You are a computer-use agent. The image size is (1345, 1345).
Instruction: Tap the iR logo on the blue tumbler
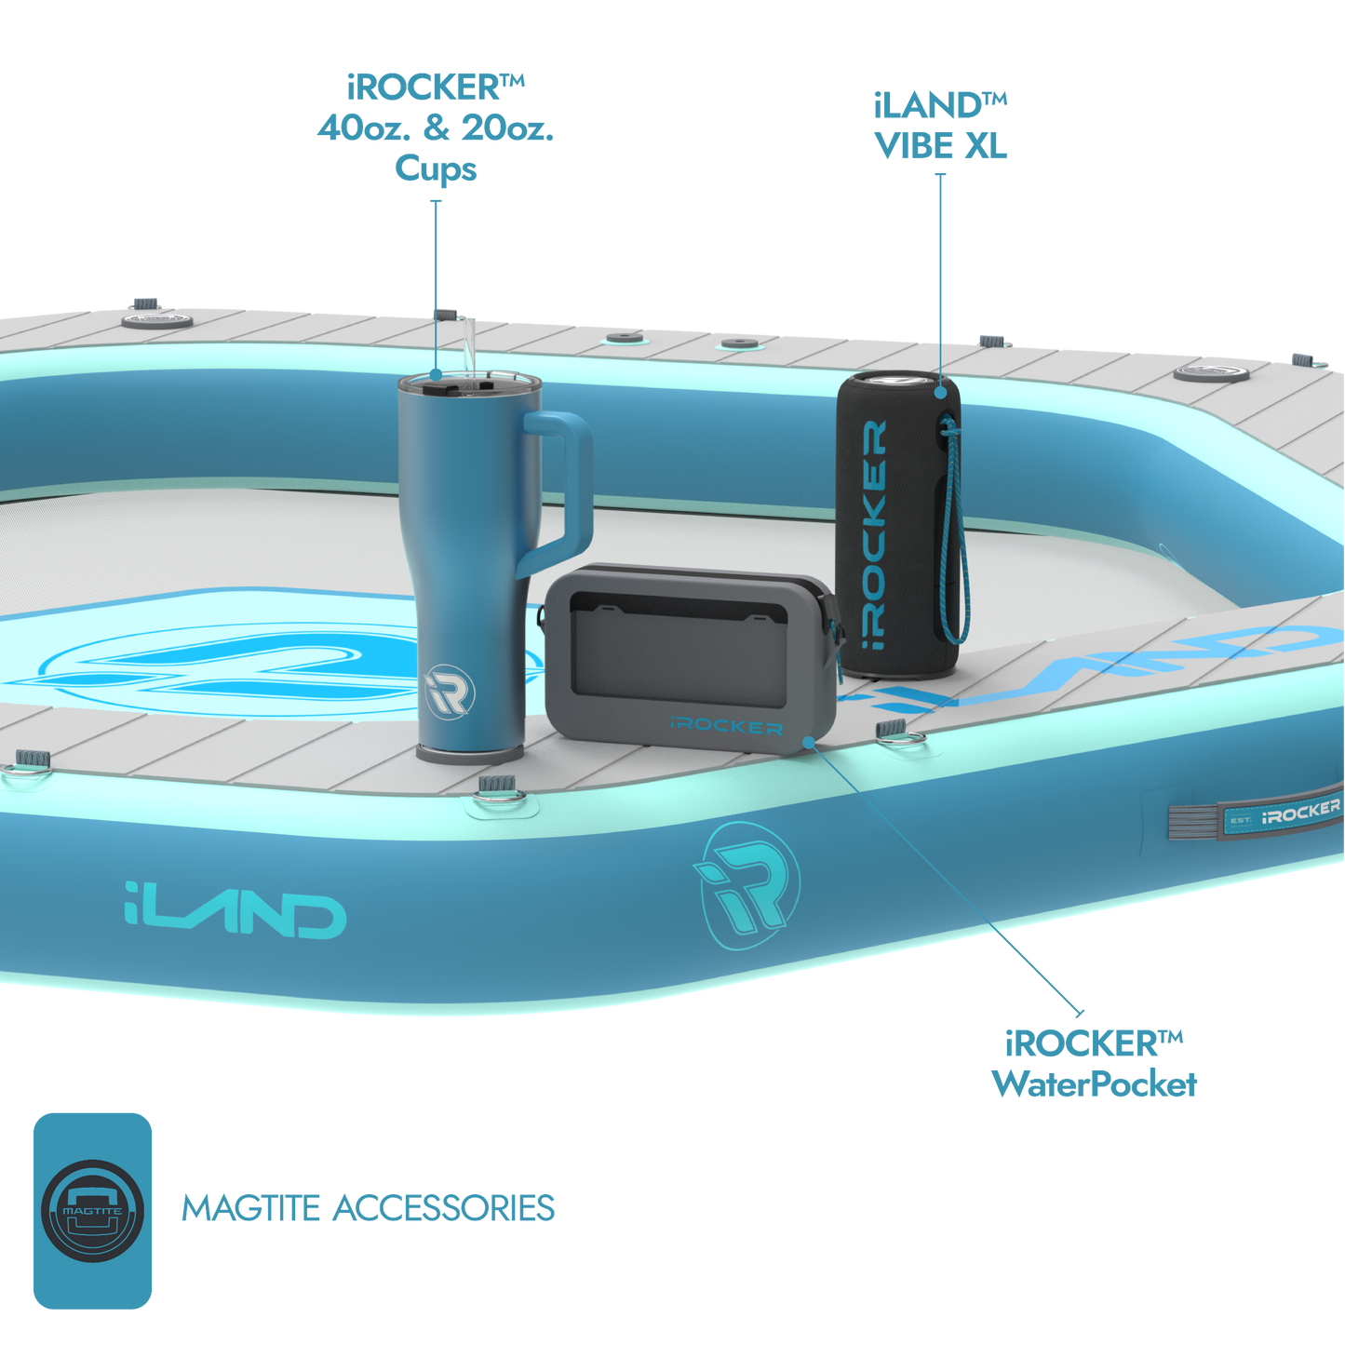pos(450,692)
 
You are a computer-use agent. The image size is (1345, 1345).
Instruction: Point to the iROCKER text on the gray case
pos(726,726)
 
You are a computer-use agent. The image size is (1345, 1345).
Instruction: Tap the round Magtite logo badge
pos(93,1210)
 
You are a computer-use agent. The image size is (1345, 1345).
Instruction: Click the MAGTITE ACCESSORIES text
pos(369,1208)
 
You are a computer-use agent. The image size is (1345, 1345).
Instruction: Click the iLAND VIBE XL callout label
pos(940,126)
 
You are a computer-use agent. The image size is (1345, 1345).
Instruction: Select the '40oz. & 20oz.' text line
pos(435,128)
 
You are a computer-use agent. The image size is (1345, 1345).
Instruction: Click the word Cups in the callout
pos(435,168)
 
